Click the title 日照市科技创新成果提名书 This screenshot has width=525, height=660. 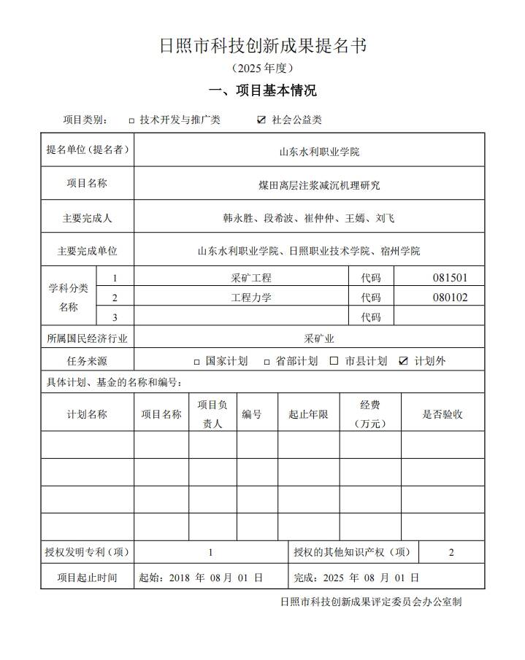point(262,45)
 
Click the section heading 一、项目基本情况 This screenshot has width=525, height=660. point(262,91)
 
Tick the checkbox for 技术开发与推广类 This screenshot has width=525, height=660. point(131,120)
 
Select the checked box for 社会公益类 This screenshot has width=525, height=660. point(261,120)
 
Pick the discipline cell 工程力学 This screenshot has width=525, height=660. point(251,298)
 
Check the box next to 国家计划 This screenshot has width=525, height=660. point(196,361)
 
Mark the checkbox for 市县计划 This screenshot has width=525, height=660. point(334,361)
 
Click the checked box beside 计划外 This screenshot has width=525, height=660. point(403,361)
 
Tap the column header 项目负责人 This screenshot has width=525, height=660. point(212,414)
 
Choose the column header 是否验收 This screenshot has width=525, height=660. point(442,414)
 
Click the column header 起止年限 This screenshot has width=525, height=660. point(308,414)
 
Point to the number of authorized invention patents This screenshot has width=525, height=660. point(211,552)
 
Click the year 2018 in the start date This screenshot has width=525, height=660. point(179,578)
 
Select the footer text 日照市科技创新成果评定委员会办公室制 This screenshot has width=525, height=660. point(370,602)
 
